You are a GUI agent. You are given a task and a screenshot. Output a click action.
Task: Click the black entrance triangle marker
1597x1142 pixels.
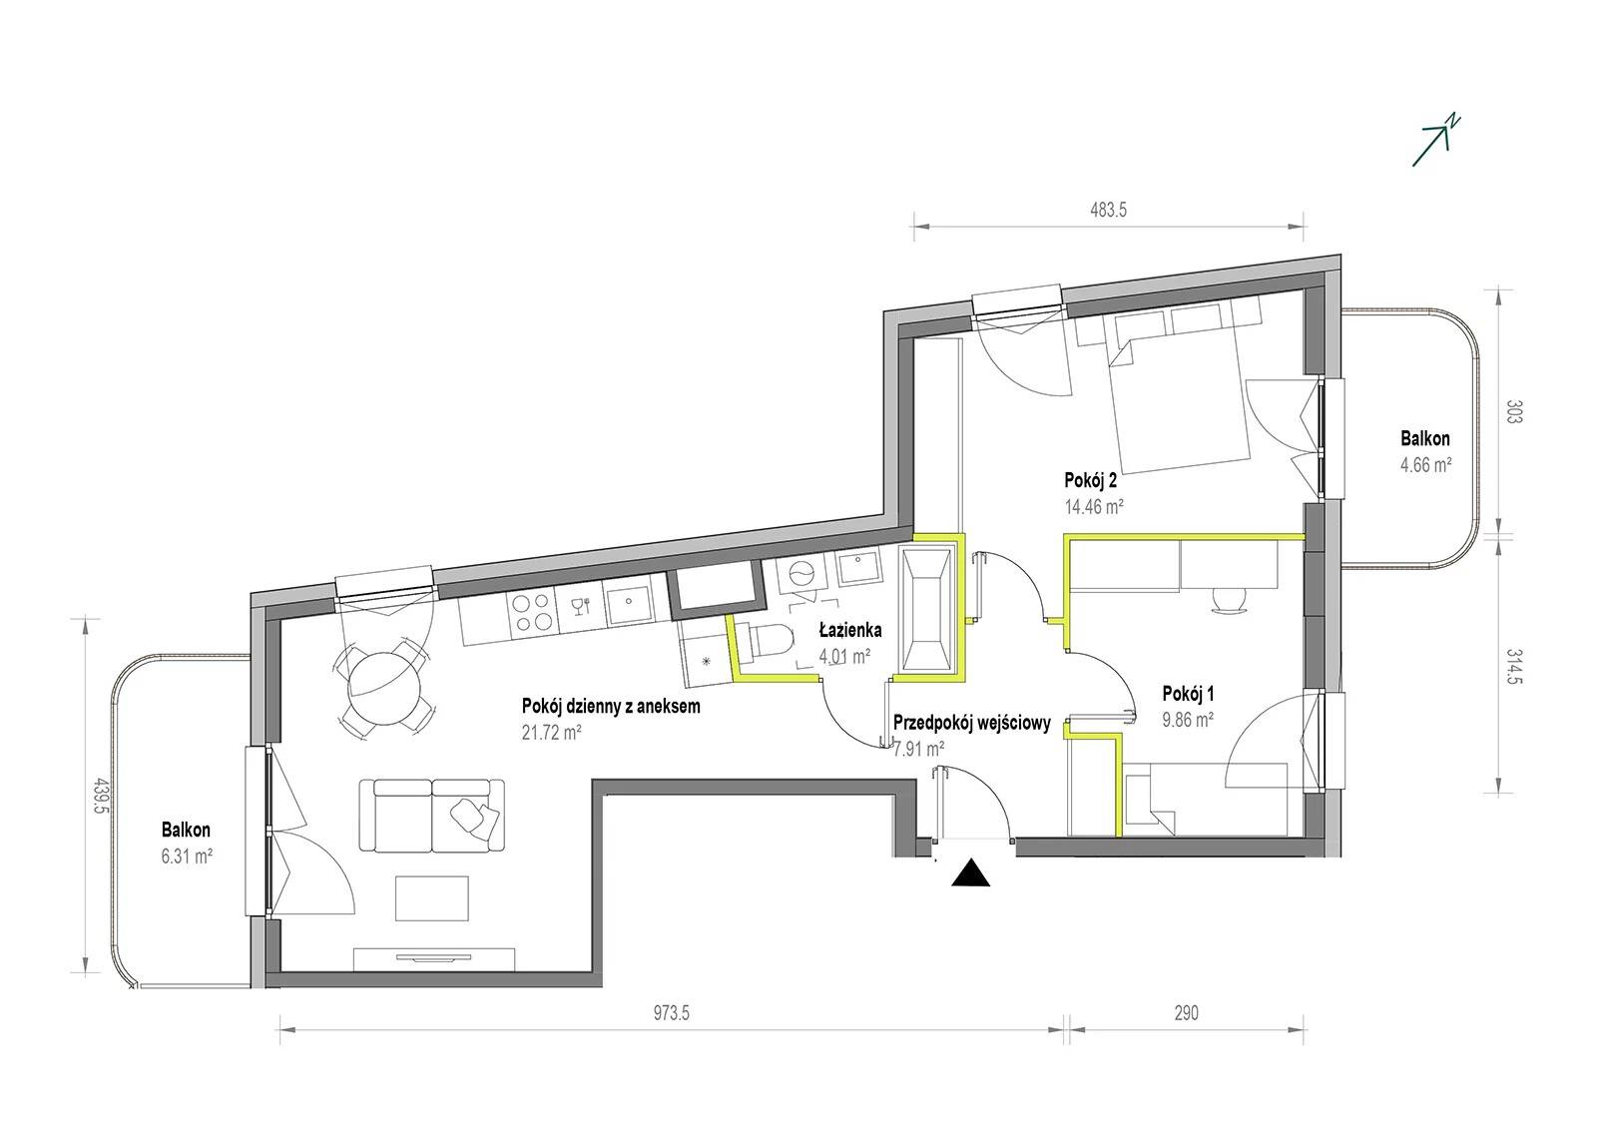pos(970,874)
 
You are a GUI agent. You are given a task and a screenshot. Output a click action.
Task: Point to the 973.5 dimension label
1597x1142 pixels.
pos(672,1013)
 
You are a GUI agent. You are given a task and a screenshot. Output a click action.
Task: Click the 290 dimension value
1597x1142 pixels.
pos(1186,1013)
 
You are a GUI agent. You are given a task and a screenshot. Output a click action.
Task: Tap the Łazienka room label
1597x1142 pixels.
pos(849,630)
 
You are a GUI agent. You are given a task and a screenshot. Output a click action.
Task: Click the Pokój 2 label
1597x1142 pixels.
pos(1090,481)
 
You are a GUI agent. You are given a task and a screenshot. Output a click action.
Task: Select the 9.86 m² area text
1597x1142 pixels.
pos(1188,720)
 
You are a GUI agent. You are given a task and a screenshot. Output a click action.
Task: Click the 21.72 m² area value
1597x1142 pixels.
pos(552,732)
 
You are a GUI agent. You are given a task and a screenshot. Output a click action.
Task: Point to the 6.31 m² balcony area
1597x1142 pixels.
pos(187,856)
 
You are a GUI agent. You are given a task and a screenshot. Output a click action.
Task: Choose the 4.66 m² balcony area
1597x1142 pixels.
pos(1426,465)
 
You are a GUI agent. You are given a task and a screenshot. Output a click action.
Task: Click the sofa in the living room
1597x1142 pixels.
pos(432,816)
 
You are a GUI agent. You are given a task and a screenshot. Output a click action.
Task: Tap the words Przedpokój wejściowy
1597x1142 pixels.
pos(972,723)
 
